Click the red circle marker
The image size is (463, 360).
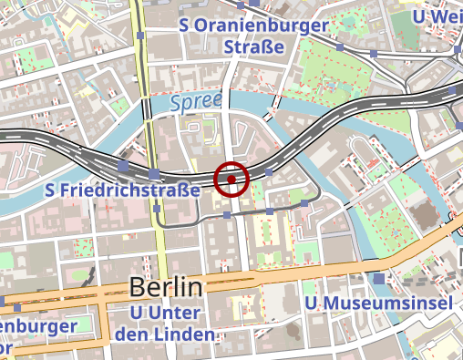tap(231, 180)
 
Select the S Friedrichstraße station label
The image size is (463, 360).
tap(122, 190)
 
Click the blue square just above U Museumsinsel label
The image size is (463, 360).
tap(378, 279)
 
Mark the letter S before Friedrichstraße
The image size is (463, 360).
tap(51, 190)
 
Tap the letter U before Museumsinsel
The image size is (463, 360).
tap(311, 302)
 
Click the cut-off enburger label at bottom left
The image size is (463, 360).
tap(36, 325)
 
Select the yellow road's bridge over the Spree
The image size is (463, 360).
tap(146, 105)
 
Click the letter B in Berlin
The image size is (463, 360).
tap(138, 286)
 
